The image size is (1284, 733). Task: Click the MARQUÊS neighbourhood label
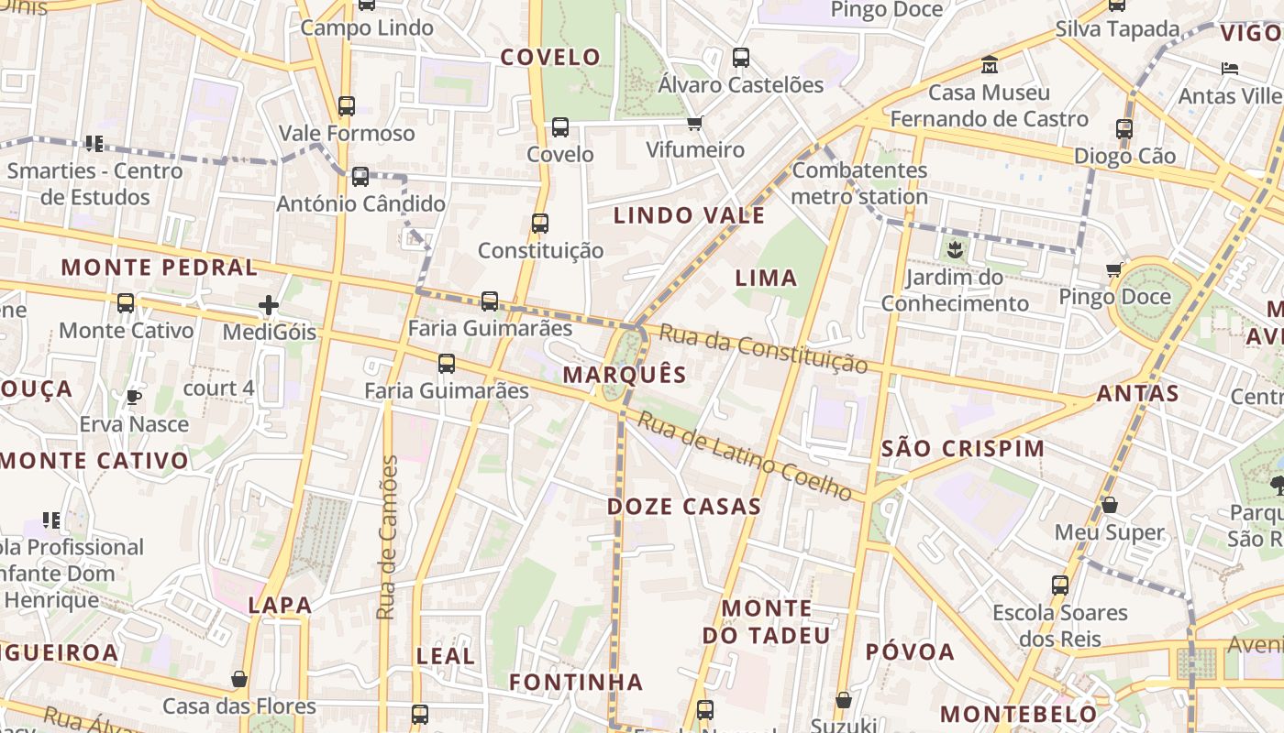coord(624,374)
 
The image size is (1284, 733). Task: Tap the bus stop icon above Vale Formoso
coord(346,105)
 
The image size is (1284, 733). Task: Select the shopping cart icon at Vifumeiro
coord(695,123)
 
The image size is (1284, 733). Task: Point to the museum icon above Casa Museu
coord(990,65)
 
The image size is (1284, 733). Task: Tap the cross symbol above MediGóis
coord(269,304)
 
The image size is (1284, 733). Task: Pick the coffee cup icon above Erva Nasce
coord(134,397)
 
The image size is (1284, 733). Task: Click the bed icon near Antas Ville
coord(1230,69)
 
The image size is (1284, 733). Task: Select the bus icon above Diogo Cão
coord(1124,128)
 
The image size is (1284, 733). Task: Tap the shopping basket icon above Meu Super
coord(1109,505)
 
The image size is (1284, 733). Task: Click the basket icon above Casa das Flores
coord(239,679)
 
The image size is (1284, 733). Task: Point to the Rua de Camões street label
coord(388,537)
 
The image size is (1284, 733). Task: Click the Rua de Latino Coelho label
coord(745,455)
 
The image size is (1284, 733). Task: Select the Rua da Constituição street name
coord(763,349)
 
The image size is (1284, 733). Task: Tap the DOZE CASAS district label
coord(684,507)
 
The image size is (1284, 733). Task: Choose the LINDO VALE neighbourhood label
coord(689,216)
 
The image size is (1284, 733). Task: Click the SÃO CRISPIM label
coord(962,449)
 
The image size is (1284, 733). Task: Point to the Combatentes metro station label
coord(859,183)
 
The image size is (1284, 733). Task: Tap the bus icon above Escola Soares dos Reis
coord(1060,585)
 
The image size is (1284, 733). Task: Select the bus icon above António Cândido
coord(360,176)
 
